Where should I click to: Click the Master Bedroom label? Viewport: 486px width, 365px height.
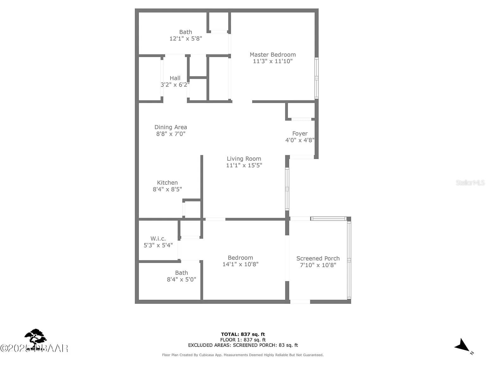pos(272,54)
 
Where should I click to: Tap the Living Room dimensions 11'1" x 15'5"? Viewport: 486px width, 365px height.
pos(244,165)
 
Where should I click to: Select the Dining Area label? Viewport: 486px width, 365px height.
pos(171,127)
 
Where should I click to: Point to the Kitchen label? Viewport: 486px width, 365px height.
pos(167,182)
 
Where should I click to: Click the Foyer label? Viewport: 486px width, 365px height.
pos(300,133)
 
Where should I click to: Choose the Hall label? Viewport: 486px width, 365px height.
pos(175,78)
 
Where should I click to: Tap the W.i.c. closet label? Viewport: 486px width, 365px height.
pos(158,239)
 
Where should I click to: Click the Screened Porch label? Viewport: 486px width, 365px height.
pos(318,258)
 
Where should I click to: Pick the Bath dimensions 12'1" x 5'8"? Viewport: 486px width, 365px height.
pos(185,39)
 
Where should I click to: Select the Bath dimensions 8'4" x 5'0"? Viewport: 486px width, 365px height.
pos(181,279)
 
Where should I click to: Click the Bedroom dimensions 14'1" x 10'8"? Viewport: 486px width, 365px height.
pos(240,264)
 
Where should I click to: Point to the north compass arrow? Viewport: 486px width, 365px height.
pos(463,345)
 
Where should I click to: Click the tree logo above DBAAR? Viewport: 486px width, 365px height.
pos(35,336)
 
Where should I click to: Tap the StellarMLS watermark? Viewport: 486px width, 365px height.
pos(470,183)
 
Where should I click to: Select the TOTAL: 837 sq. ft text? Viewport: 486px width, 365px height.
pos(243,334)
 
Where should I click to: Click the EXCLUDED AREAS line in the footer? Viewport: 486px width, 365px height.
pos(243,345)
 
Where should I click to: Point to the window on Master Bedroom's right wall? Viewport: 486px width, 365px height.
pos(316,78)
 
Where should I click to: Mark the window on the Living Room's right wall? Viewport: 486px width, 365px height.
pos(287,189)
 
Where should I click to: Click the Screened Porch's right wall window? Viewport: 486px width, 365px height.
pos(349,260)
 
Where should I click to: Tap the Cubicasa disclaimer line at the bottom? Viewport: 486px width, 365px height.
pos(243,355)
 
